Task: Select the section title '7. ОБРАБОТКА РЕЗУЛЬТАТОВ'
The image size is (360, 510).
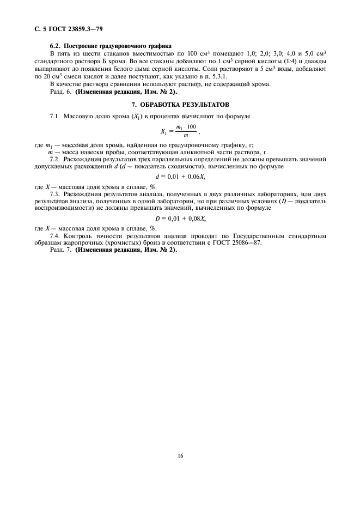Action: tap(180, 104)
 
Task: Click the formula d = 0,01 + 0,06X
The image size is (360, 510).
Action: tap(180, 177)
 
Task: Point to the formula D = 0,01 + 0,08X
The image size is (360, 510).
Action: tap(180, 218)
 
